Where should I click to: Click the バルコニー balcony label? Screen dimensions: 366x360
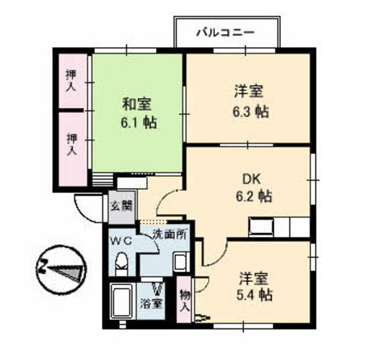tap(225, 32)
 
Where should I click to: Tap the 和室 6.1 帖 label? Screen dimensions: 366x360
tap(138, 113)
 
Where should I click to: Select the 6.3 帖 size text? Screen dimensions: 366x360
tap(251, 112)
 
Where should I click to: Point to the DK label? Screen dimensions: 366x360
tap(252, 179)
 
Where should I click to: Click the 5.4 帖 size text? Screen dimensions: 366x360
tap(254, 295)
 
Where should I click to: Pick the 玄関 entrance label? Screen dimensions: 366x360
tap(122, 205)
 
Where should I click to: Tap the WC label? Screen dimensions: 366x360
tap(121, 241)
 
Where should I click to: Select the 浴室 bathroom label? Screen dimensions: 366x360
tap(152, 303)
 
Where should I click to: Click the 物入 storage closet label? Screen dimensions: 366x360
tap(185, 301)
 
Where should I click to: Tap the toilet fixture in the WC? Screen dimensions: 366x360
tap(122, 264)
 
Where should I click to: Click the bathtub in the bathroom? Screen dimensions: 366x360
tap(123, 302)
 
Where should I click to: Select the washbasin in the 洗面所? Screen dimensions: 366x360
tap(182, 263)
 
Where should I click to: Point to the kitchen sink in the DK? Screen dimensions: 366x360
tap(261, 227)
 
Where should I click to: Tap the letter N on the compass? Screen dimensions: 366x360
tap(43, 266)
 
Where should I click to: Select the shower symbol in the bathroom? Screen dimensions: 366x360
tap(157, 288)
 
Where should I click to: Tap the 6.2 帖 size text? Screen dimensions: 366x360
tap(254, 197)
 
